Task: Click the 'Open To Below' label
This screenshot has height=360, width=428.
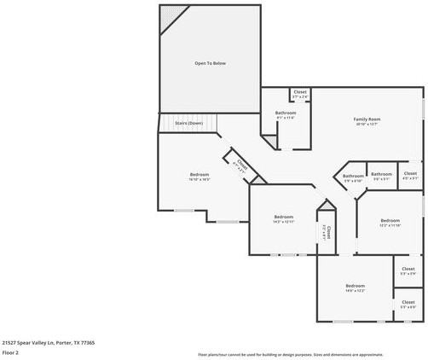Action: point(210,62)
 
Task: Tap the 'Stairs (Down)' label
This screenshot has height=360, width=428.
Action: point(188,123)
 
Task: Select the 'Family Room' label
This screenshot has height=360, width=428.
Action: point(367,119)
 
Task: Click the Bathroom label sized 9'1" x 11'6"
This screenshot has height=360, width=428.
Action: point(285,113)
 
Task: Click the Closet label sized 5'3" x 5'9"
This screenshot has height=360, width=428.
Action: point(408,270)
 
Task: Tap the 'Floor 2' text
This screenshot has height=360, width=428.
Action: point(11,351)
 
